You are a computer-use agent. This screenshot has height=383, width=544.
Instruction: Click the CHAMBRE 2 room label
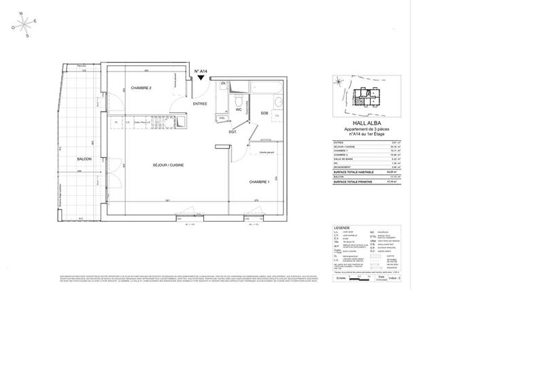coord(141,88)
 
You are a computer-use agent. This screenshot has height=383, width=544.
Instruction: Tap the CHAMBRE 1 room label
coord(260,182)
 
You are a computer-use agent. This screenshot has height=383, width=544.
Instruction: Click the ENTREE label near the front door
coord(200,104)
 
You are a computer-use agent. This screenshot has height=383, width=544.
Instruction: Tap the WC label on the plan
coord(239,109)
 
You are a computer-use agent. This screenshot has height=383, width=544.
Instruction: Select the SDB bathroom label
coord(264,113)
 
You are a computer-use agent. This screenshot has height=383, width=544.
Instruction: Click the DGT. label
coord(232,131)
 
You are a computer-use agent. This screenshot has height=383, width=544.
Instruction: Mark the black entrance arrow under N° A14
coord(201,79)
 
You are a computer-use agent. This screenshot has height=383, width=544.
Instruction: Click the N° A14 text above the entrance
coord(201,71)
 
